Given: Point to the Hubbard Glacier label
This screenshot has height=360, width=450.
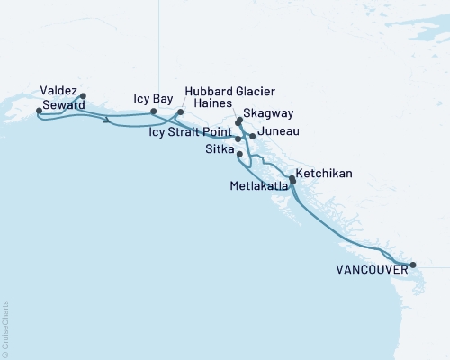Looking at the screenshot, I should pyautogui.click(x=229, y=92).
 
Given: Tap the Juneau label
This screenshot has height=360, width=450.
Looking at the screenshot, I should pyautogui.click(x=278, y=133).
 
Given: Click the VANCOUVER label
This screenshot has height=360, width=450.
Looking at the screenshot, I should pyautogui.click(x=366, y=268).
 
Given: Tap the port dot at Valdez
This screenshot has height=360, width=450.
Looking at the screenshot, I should pyautogui.click(x=83, y=96).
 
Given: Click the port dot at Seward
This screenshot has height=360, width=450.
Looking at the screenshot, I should pyautogui.click(x=38, y=111).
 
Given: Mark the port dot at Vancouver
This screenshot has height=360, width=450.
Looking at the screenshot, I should pyautogui.click(x=412, y=265).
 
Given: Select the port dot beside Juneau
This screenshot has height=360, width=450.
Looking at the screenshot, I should pyautogui.click(x=252, y=136).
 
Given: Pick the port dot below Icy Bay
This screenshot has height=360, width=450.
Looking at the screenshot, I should pyautogui.click(x=165, y=112).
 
